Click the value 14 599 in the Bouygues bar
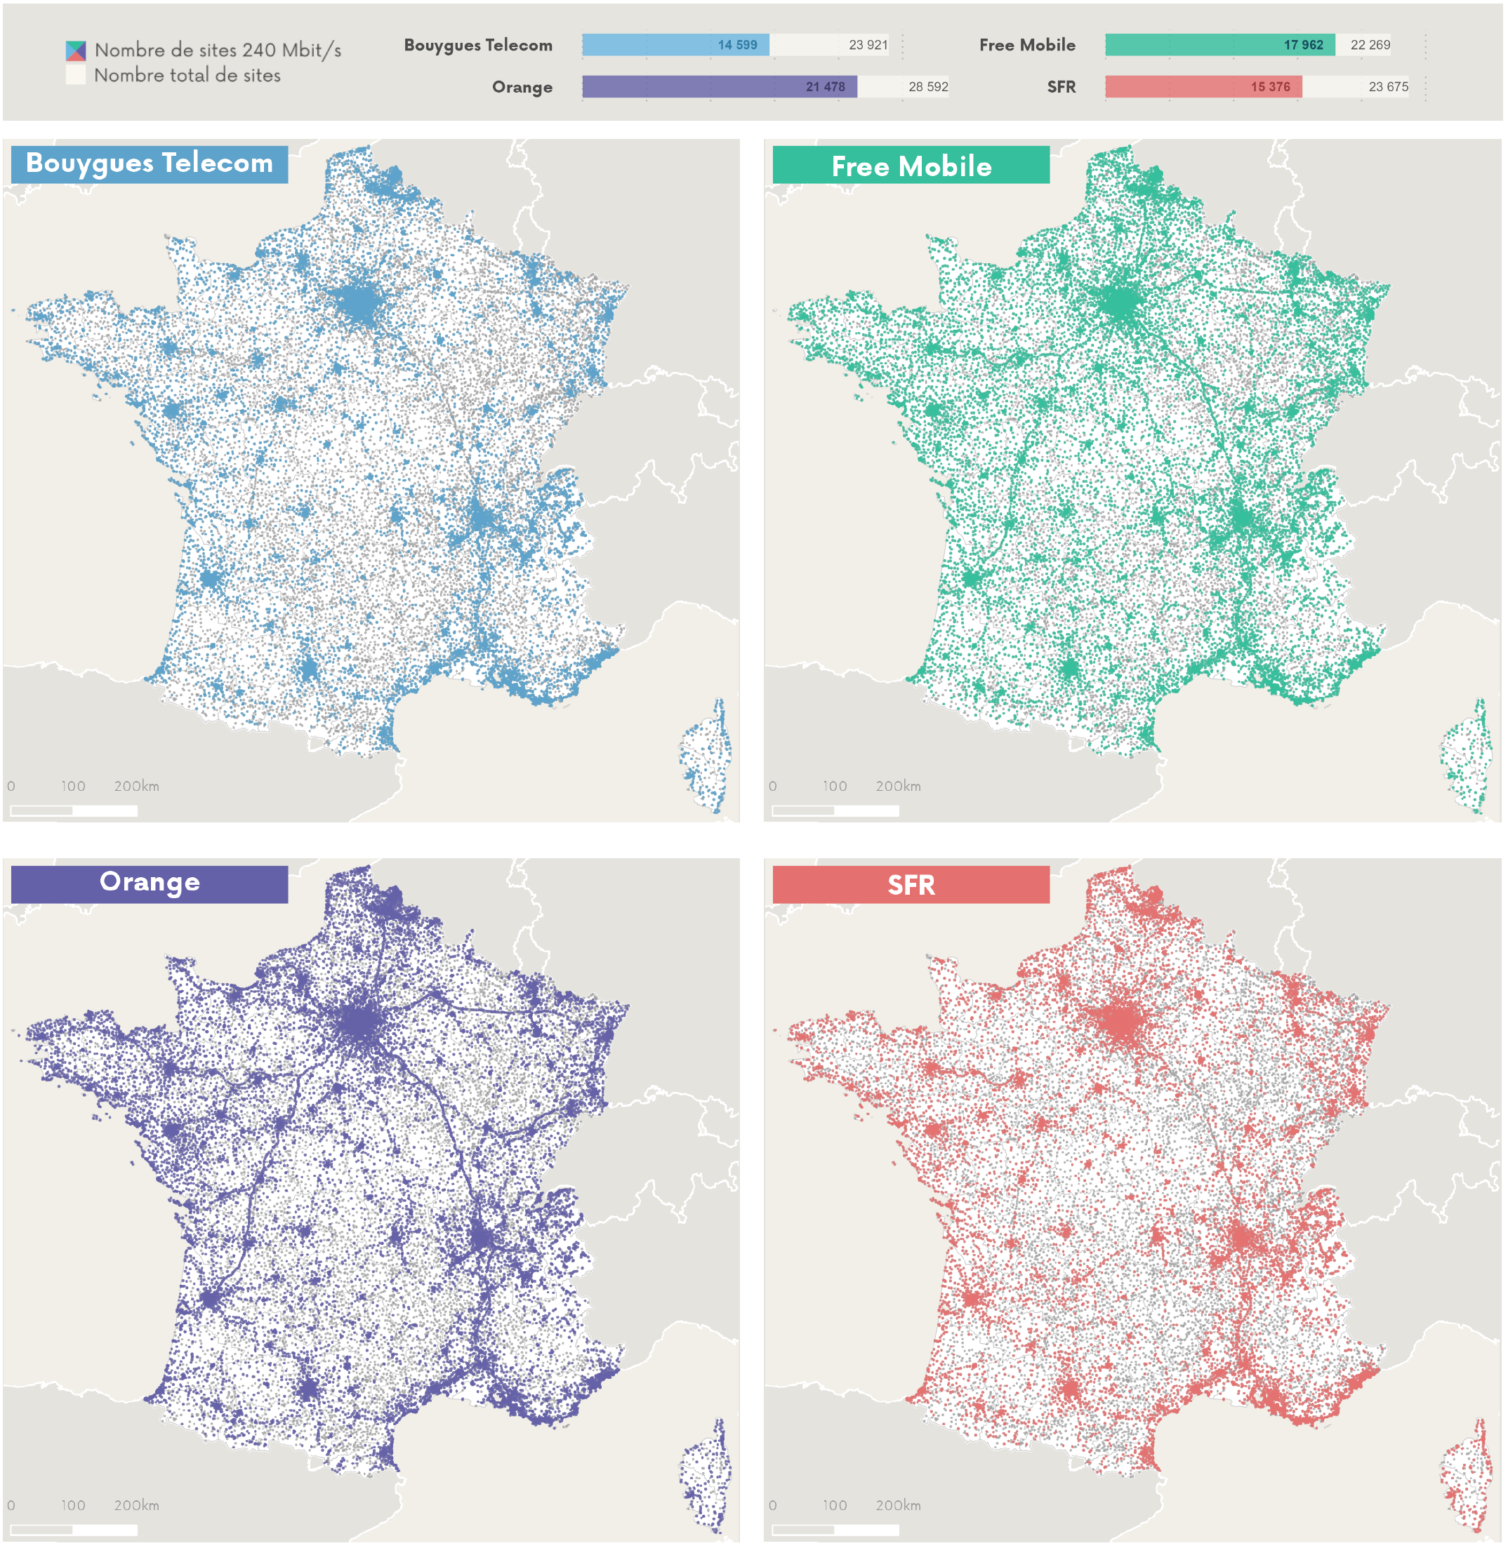click(x=736, y=45)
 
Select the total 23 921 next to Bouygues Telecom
click(x=867, y=45)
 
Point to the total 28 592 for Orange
click(x=927, y=87)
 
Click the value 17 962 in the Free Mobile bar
click(x=1303, y=45)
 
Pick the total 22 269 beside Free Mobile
click(x=1370, y=45)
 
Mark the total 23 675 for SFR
click(x=1388, y=87)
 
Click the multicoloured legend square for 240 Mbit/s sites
click(x=75, y=51)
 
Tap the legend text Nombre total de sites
click(x=187, y=76)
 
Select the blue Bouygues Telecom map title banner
click(x=150, y=164)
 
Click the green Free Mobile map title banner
click(x=910, y=166)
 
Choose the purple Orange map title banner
click(x=150, y=883)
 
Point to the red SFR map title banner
click(x=910, y=884)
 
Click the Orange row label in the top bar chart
click(x=521, y=87)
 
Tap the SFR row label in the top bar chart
click(x=1061, y=87)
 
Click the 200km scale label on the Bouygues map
click(x=136, y=786)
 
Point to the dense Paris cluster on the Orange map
click(x=361, y=1022)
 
